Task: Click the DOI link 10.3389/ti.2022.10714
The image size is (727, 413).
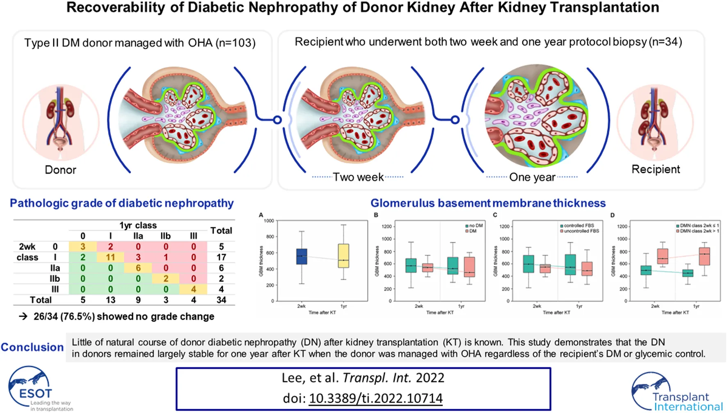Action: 375,398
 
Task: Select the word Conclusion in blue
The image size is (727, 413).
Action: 32,347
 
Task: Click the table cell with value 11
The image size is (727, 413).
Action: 110,257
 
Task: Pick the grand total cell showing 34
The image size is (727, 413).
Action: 221,300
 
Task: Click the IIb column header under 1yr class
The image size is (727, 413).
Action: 165,236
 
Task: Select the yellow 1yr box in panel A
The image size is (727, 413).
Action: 343,256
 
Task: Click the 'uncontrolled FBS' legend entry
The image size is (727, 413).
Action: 579,231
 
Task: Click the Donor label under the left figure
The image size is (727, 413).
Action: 60,170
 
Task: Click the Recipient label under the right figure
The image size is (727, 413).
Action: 656,169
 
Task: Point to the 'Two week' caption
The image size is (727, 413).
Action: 358,177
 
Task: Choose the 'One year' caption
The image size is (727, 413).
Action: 532,177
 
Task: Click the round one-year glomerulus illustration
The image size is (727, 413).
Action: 536,116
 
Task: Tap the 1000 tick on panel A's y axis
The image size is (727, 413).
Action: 269,221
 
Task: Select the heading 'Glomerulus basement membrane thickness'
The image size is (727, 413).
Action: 488,203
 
